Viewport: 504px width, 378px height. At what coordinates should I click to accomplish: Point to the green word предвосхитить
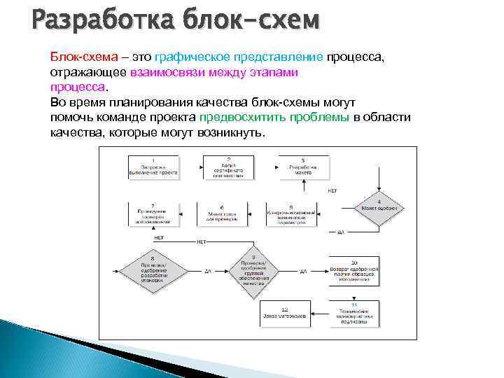(x=239, y=118)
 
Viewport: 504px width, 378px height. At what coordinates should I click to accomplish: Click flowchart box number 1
(x=153, y=167)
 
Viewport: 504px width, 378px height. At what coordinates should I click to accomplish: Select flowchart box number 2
(x=228, y=167)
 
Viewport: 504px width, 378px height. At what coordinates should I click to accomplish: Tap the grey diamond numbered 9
(x=253, y=269)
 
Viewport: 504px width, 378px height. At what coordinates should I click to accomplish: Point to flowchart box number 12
(x=285, y=314)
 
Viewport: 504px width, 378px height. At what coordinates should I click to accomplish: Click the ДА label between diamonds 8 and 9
(x=207, y=271)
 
